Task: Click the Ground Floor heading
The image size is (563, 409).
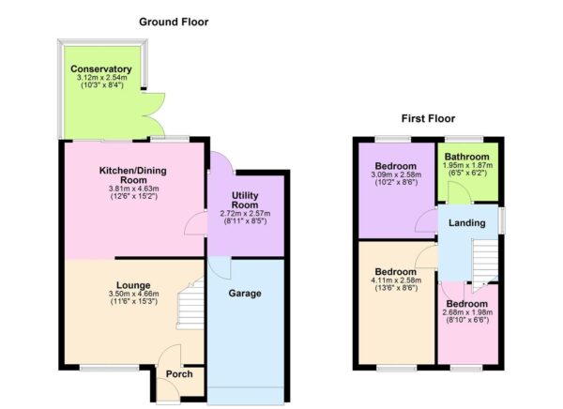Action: pos(174,22)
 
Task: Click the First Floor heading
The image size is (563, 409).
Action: pos(428,119)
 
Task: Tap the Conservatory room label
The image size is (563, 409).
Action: pos(99,69)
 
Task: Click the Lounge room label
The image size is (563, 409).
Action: pos(134,284)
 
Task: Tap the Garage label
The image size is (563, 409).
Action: pos(245,294)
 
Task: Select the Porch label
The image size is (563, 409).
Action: pos(179,374)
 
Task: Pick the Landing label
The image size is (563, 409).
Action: pos(466,223)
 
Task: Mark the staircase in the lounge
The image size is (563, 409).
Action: pos(190,306)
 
